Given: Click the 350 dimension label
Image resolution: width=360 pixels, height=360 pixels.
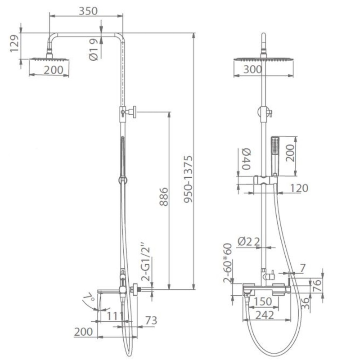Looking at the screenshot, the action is click(x=88, y=11).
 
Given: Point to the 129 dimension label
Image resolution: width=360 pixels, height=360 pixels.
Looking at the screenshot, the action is click(x=14, y=44).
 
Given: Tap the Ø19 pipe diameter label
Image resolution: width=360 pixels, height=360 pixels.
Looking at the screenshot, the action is click(x=94, y=49).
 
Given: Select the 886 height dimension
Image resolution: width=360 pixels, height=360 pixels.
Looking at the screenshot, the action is click(x=164, y=197).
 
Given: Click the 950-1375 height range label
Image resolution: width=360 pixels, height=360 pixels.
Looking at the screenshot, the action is click(x=188, y=179).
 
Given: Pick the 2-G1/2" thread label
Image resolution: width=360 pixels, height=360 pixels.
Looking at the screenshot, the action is click(x=145, y=264).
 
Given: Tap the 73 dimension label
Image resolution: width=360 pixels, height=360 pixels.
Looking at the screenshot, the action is click(x=151, y=320).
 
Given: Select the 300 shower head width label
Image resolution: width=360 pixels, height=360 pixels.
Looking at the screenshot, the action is click(x=252, y=69).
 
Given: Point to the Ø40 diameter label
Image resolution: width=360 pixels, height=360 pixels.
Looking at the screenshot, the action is click(x=246, y=159).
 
